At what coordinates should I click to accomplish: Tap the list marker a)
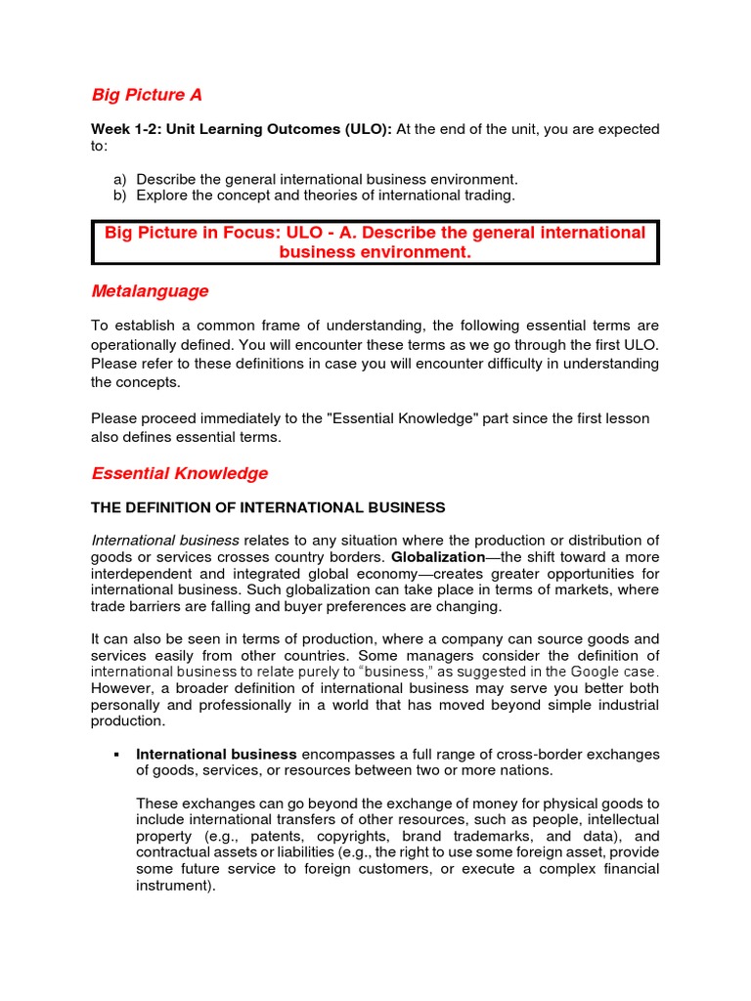point(120,179)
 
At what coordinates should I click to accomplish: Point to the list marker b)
point(120,196)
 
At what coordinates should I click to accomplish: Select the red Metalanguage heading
point(150,291)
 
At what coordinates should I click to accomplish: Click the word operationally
point(137,344)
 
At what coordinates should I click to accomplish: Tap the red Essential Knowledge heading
point(179,473)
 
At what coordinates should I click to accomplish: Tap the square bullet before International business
point(116,755)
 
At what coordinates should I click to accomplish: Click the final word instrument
point(171,886)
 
